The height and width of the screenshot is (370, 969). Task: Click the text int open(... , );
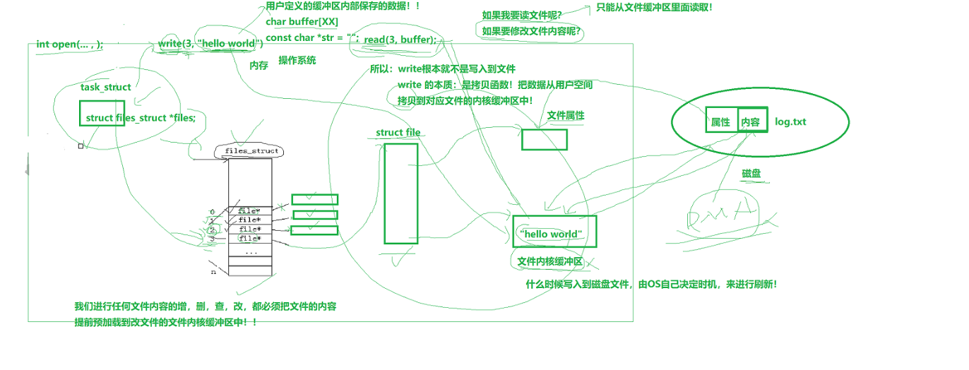click(69, 44)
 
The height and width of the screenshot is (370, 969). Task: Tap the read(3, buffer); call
click(400, 40)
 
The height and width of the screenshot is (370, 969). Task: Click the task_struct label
click(106, 87)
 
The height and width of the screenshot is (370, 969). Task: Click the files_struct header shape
click(249, 151)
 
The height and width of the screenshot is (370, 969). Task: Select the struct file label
click(398, 132)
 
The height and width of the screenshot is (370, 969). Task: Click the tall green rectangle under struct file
click(400, 193)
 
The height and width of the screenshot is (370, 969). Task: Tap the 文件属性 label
click(566, 116)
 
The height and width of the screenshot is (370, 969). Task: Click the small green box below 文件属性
click(544, 139)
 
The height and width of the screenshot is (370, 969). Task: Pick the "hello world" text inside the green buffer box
click(550, 234)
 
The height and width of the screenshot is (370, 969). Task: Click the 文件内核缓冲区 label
click(549, 262)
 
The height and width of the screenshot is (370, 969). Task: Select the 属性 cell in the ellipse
click(720, 121)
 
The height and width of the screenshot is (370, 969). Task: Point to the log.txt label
click(790, 121)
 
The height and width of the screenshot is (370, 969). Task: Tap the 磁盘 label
click(751, 173)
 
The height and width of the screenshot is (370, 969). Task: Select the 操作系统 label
click(297, 61)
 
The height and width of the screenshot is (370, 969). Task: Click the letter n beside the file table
click(213, 272)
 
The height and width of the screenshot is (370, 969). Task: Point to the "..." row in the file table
click(250, 251)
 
